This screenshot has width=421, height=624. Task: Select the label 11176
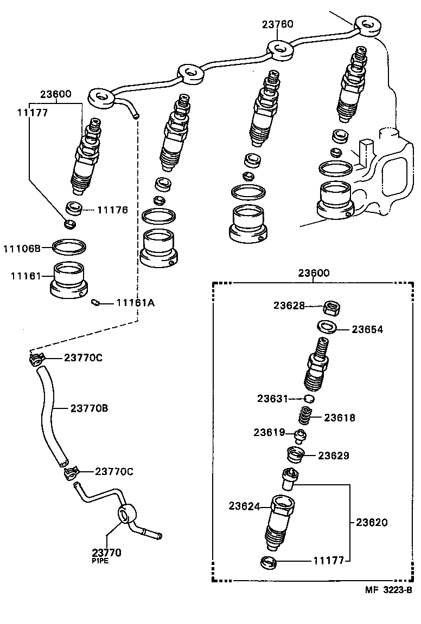coord(112,210)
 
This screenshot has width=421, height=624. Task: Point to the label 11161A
coord(135,303)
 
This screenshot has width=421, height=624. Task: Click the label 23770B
coord(89,408)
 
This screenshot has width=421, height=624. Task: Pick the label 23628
coord(289,305)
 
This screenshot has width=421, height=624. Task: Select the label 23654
coord(367,329)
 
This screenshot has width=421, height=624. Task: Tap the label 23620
coord(372,523)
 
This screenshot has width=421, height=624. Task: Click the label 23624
coord(245,506)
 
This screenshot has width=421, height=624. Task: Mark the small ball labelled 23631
coord(309,399)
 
